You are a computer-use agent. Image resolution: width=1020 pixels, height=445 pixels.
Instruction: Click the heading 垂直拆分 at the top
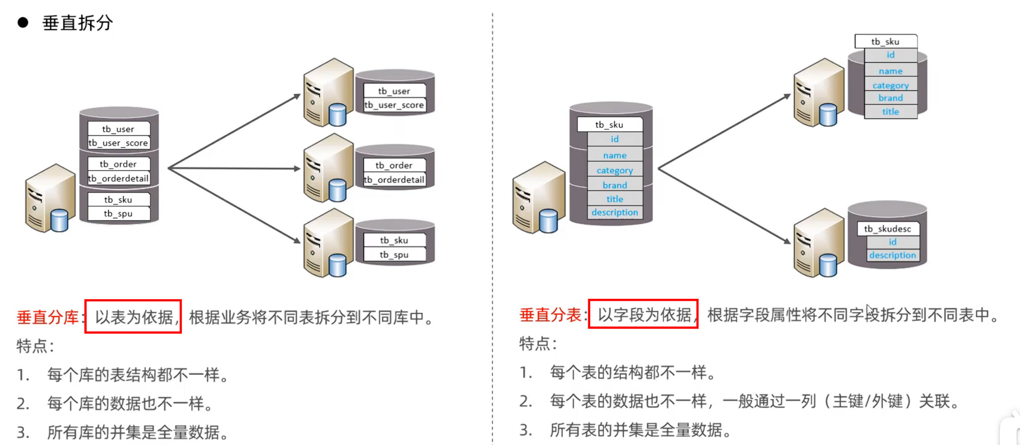click(77, 23)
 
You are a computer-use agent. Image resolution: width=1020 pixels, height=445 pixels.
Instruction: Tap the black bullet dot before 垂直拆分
click(23, 22)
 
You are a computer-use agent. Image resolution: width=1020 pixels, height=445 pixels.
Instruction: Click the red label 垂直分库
click(47, 317)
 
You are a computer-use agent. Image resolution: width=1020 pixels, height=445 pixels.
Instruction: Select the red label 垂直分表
click(550, 315)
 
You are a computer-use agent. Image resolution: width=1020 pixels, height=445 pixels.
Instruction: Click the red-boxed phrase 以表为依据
click(133, 317)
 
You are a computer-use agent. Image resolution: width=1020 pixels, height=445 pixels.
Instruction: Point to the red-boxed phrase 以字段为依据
click(644, 314)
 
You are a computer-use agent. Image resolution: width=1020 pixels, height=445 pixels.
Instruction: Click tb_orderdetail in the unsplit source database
click(119, 178)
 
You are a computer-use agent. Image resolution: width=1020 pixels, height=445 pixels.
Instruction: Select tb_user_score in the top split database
click(394, 105)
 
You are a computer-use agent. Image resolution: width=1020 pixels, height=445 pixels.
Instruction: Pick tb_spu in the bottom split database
click(394, 254)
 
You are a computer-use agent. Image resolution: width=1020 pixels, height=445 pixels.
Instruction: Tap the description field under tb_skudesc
click(892, 255)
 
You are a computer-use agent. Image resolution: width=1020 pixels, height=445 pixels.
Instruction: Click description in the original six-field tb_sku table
click(615, 212)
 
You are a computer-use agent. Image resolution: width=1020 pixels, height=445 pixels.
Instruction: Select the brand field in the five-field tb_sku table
click(890, 98)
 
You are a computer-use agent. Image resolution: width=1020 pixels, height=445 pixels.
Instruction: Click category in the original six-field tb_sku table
click(615, 170)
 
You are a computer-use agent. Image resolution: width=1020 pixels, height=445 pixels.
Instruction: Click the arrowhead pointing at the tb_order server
click(297, 169)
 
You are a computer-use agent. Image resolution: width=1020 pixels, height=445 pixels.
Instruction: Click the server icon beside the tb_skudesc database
click(818, 243)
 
